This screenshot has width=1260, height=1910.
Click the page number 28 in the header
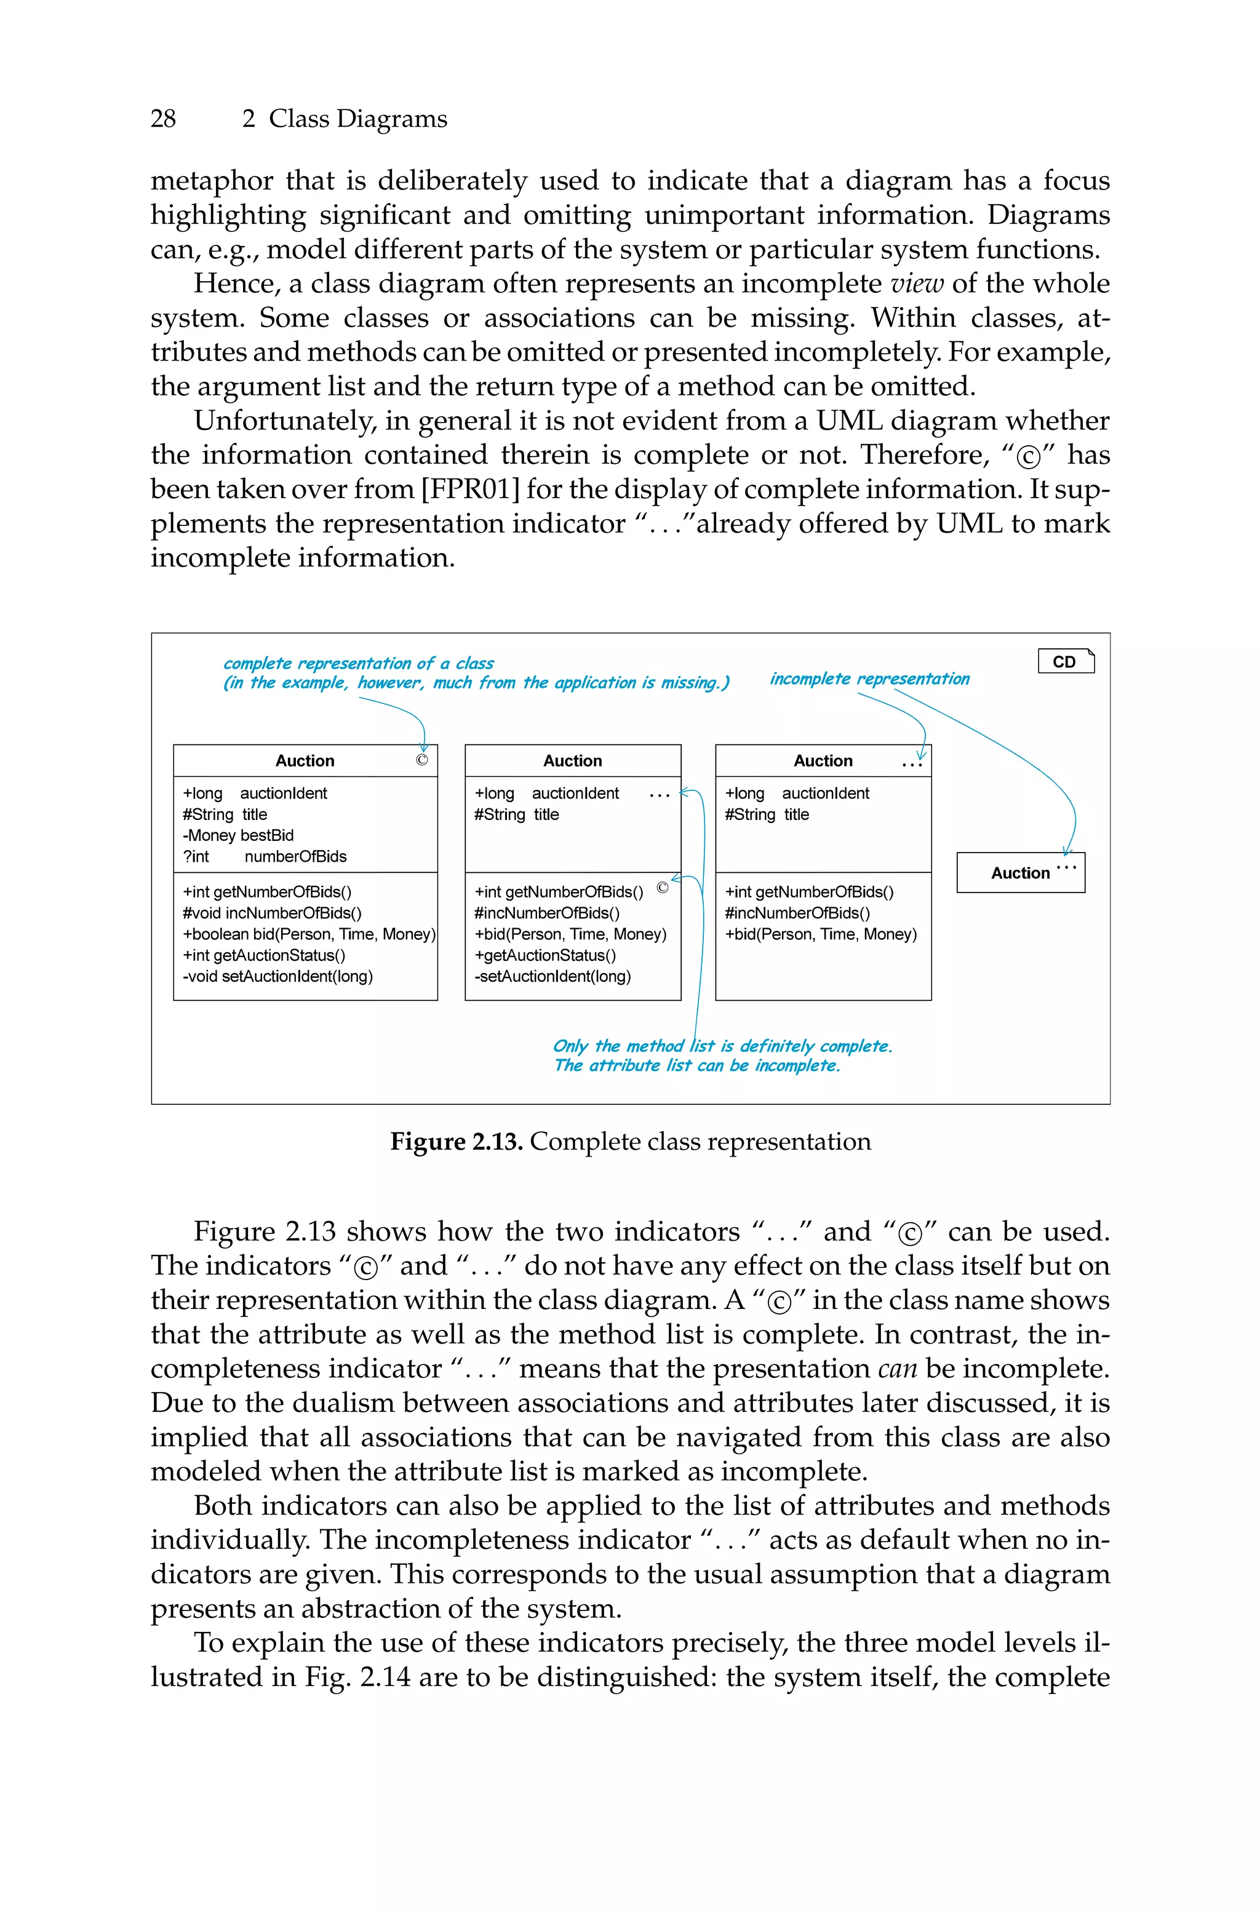[163, 119]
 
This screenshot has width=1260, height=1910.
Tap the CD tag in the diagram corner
[1065, 662]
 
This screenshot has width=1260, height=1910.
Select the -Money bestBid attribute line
[238, 835]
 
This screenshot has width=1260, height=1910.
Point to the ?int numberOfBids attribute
[265, 856]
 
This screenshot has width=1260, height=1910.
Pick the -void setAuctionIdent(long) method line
[277, 977]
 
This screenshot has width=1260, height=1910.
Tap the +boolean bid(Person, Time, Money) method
[309, 934]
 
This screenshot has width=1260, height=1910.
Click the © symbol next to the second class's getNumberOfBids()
[662, 888]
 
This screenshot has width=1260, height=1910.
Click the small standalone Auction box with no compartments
[1019, 873]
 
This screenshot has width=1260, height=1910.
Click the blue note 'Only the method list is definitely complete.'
[722, 1046]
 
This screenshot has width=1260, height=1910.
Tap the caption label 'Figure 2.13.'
[457, 1142]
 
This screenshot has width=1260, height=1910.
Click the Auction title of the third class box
[823, 761]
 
